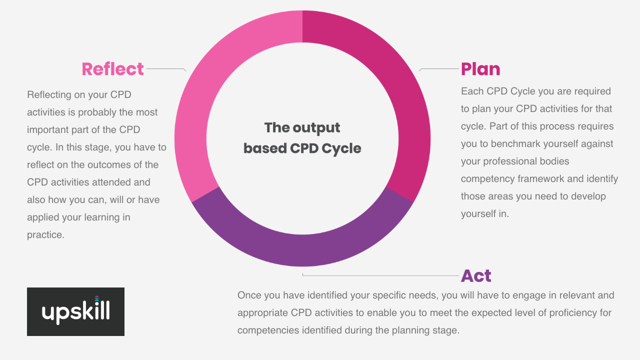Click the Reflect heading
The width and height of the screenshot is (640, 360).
(112, 69)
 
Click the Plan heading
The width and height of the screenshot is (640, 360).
(480, 69)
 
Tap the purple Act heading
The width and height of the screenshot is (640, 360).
(476, 275)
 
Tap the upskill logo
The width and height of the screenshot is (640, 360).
(75, 311)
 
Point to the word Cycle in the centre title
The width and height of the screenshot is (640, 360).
(341, 148)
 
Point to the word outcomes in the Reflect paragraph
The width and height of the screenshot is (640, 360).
(110, 165)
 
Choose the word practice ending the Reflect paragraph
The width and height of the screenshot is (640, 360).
(45, 235)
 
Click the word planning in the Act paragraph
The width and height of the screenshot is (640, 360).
(410, 330)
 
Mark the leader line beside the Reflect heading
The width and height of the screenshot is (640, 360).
(166, 69)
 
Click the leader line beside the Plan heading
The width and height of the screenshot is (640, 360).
(439, 69)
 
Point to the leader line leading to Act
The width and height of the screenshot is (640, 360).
(380, 275)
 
